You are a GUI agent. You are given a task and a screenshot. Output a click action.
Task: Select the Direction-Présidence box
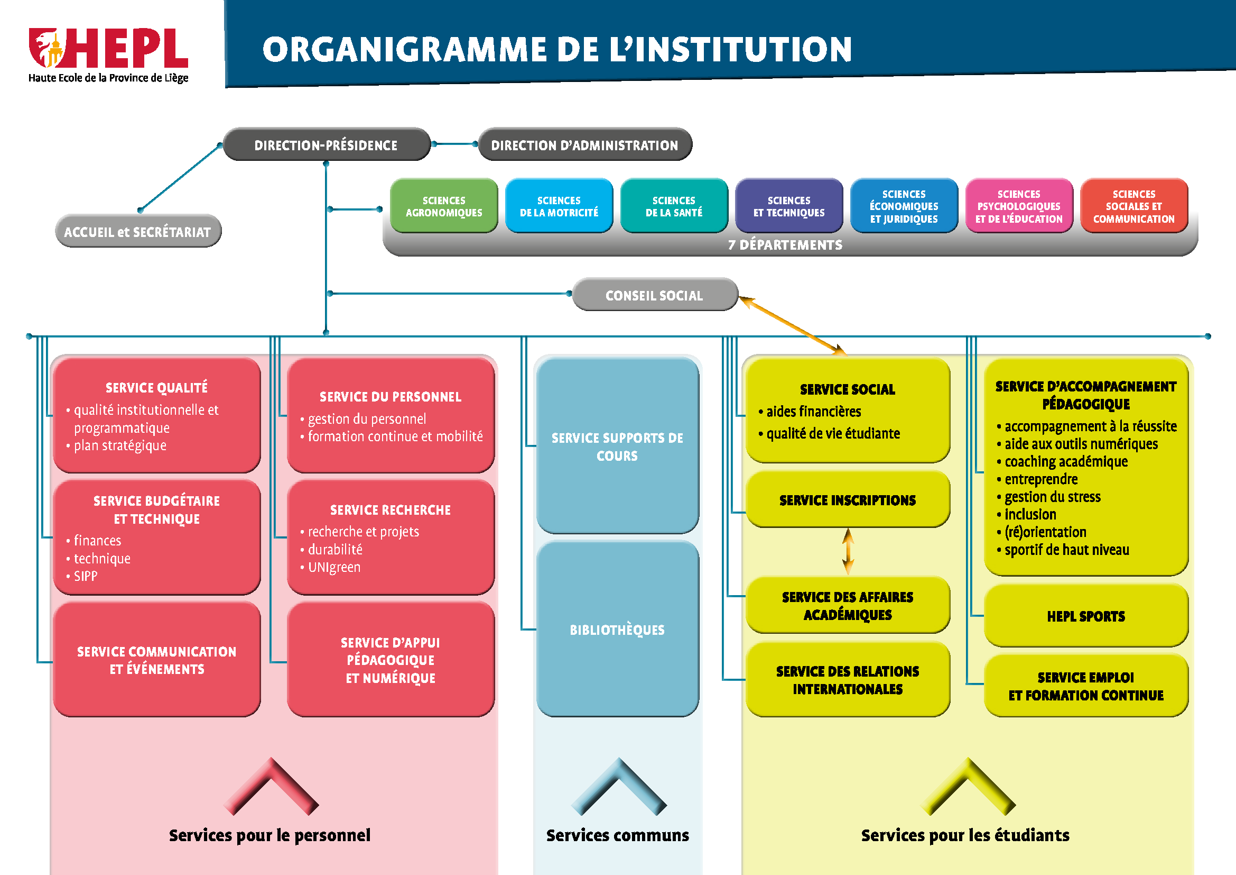[x=326, y=145]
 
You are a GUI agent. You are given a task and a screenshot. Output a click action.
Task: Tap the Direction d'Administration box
[x=584, y=145]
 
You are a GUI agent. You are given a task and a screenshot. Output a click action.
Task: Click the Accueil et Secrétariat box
[x=138, y=232]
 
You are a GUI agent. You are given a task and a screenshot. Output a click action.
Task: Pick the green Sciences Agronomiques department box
[x=443, y=206]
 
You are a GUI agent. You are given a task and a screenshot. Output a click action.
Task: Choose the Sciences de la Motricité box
[x=559, y=206]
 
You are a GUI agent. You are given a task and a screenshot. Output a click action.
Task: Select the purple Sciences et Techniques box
[x=788, y=206]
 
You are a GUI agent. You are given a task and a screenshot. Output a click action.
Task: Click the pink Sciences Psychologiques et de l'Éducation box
[x=1018, y=206]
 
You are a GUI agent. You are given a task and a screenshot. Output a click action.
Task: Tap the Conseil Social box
[x=654, y=295]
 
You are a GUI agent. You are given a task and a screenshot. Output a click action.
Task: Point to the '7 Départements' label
[x=785, y=245]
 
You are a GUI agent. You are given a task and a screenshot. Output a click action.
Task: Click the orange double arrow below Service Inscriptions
[x=848, y=551]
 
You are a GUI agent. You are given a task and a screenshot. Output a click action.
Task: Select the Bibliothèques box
[x=617, y=630]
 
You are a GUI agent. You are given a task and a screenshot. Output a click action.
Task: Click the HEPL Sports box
[x=1086, y=616]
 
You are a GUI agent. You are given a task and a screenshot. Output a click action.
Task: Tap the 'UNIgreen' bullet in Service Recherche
[x=334, y=567]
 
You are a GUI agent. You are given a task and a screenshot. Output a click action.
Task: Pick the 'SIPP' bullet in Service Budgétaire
[x=86, y=576]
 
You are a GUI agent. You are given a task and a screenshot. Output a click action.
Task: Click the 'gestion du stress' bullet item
[x=1053, y=497]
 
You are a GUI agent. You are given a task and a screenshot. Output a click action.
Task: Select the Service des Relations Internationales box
[x=847, y=680]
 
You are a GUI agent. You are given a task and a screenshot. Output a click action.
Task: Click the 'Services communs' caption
[x=617, y=835]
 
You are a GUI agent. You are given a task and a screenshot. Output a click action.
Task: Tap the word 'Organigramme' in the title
[x=404, y=50]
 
